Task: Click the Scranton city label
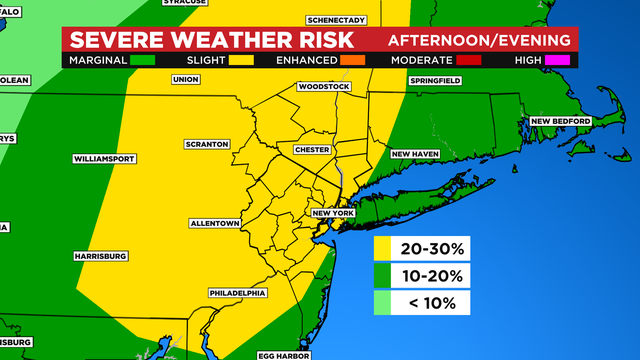207,144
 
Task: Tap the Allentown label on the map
214,222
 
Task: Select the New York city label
334,213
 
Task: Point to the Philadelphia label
238,293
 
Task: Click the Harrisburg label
100,256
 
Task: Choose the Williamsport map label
103,159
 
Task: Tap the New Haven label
415,154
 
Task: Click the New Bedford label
561,121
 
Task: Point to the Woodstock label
324,87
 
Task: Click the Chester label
312,149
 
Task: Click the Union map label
185,79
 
